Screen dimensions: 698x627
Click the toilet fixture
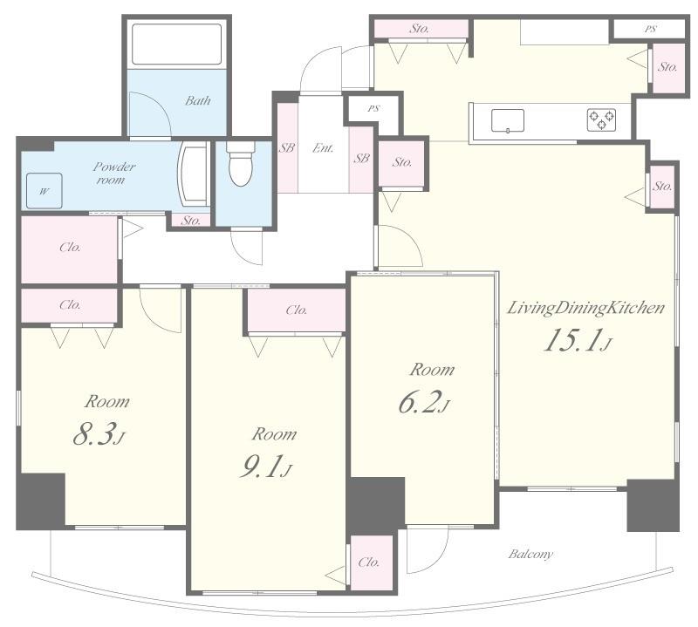(x=241, y=163)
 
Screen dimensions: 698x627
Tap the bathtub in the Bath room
(x=177, y=44)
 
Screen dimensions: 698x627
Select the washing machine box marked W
(x=44, y=191)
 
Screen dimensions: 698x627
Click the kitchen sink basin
(x=508, y=120)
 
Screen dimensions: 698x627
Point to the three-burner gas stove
(x=602, y=119)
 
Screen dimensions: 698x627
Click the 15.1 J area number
(x=578, y=340)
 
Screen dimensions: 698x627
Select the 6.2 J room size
(x=424, y=402)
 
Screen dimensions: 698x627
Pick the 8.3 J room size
(x=99, y=434)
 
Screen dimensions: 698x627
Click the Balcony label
(x=530, y=555)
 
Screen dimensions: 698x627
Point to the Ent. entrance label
(x=323, y=148)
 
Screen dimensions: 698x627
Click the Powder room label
(x=113, y=174)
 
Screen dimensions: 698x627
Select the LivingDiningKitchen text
(x=585, y=308)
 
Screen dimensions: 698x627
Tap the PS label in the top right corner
(x=650, y=30)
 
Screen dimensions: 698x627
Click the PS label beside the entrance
(x=373, y=109)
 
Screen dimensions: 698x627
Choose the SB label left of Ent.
(x=287, y=147)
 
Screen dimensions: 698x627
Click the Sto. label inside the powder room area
(x=191, y=221)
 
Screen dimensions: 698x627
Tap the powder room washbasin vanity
(x=194, y=174)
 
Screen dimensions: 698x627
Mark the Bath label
(x=198, y=100)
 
